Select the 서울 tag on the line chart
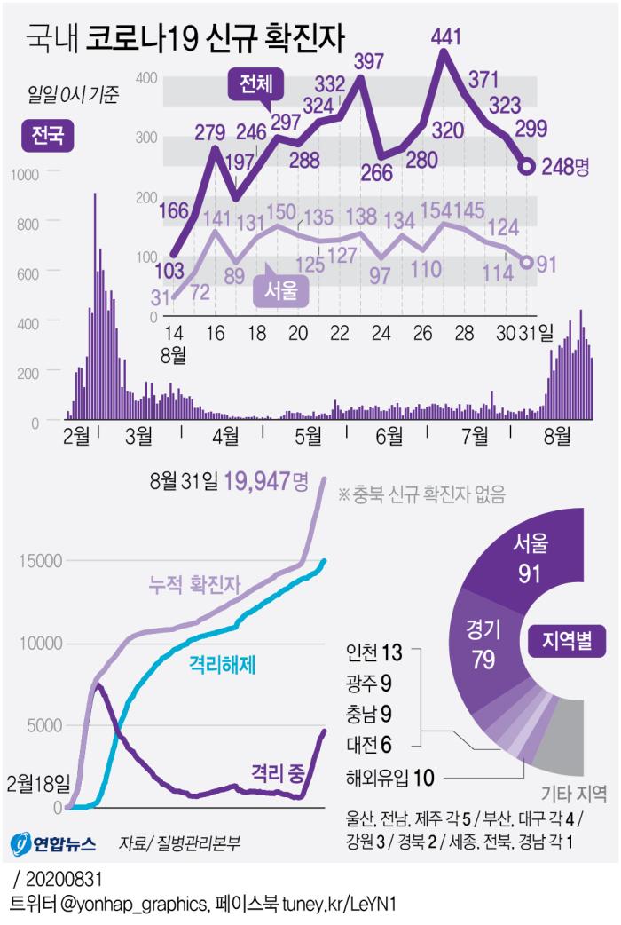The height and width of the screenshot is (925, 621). [x=280, y=289]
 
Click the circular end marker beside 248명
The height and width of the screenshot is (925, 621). [x=526, y=166]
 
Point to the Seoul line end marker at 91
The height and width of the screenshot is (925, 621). [x=526, y=262]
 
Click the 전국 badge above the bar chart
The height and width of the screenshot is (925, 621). [x=46, y=136]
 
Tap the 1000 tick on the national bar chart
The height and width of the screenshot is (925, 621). [x=24, y=174]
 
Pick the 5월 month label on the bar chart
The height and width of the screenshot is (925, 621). [x=308, y=436]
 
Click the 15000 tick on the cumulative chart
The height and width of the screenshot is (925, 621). [x=37, y=560]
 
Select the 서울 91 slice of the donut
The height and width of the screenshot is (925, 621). [x=530, y=560]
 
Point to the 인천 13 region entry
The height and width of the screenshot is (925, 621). [x=374, y=653]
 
